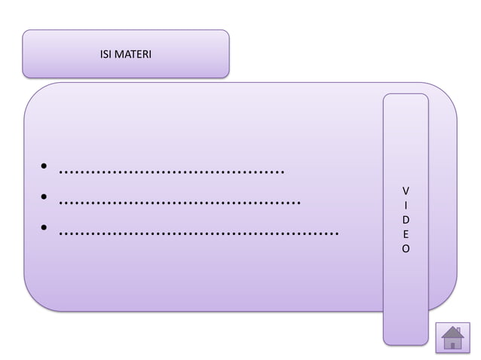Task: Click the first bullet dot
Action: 45,168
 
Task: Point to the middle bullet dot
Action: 45,199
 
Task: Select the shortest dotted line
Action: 171,170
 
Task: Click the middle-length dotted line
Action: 179,201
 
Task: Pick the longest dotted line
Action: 198,232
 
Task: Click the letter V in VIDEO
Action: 406,189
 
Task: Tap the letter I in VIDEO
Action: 406,203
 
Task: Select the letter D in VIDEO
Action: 406,218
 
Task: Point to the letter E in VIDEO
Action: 406,233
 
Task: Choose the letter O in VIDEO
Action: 406,247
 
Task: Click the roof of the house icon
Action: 452,332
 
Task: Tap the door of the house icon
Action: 452,345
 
